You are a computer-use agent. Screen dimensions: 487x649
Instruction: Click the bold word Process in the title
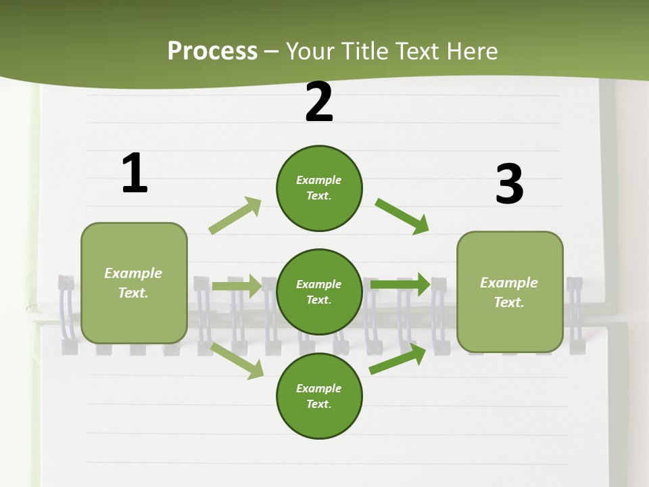(x=212, y=51)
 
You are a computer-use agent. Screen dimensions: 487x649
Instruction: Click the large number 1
(x=135, y=173)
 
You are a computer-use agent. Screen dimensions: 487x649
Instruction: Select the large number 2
(x=319, y=102)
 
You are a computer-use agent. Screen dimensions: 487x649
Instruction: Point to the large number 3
(x=509, y=184)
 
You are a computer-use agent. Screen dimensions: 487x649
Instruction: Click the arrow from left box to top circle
(x=235, y=216)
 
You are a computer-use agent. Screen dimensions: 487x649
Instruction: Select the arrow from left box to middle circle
(x=236, y=286)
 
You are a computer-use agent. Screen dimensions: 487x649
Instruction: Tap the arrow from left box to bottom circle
(x=237, y=361)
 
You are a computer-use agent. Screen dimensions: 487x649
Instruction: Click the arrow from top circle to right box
(x=402, y=216)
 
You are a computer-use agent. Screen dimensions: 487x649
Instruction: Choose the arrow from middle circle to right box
(x=400, y=284)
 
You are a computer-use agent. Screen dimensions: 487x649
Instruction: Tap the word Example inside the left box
(x=133, y=273)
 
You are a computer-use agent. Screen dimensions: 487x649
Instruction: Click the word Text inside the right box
(x=508, y=302)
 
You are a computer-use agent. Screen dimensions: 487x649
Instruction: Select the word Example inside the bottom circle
(x=318, y=388)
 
